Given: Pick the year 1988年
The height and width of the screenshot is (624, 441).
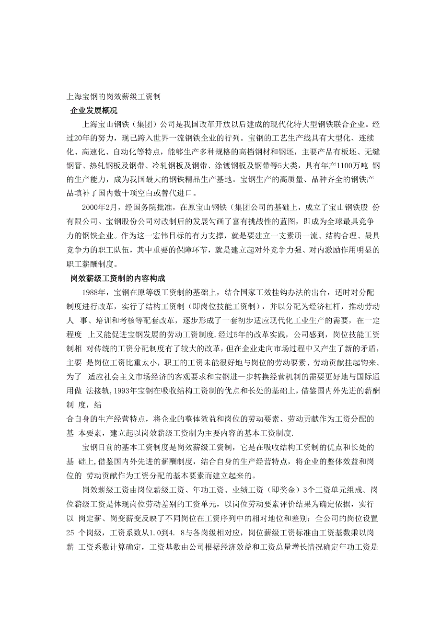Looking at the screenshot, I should click(96, 292).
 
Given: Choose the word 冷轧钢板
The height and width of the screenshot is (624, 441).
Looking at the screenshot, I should click(179, 166).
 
